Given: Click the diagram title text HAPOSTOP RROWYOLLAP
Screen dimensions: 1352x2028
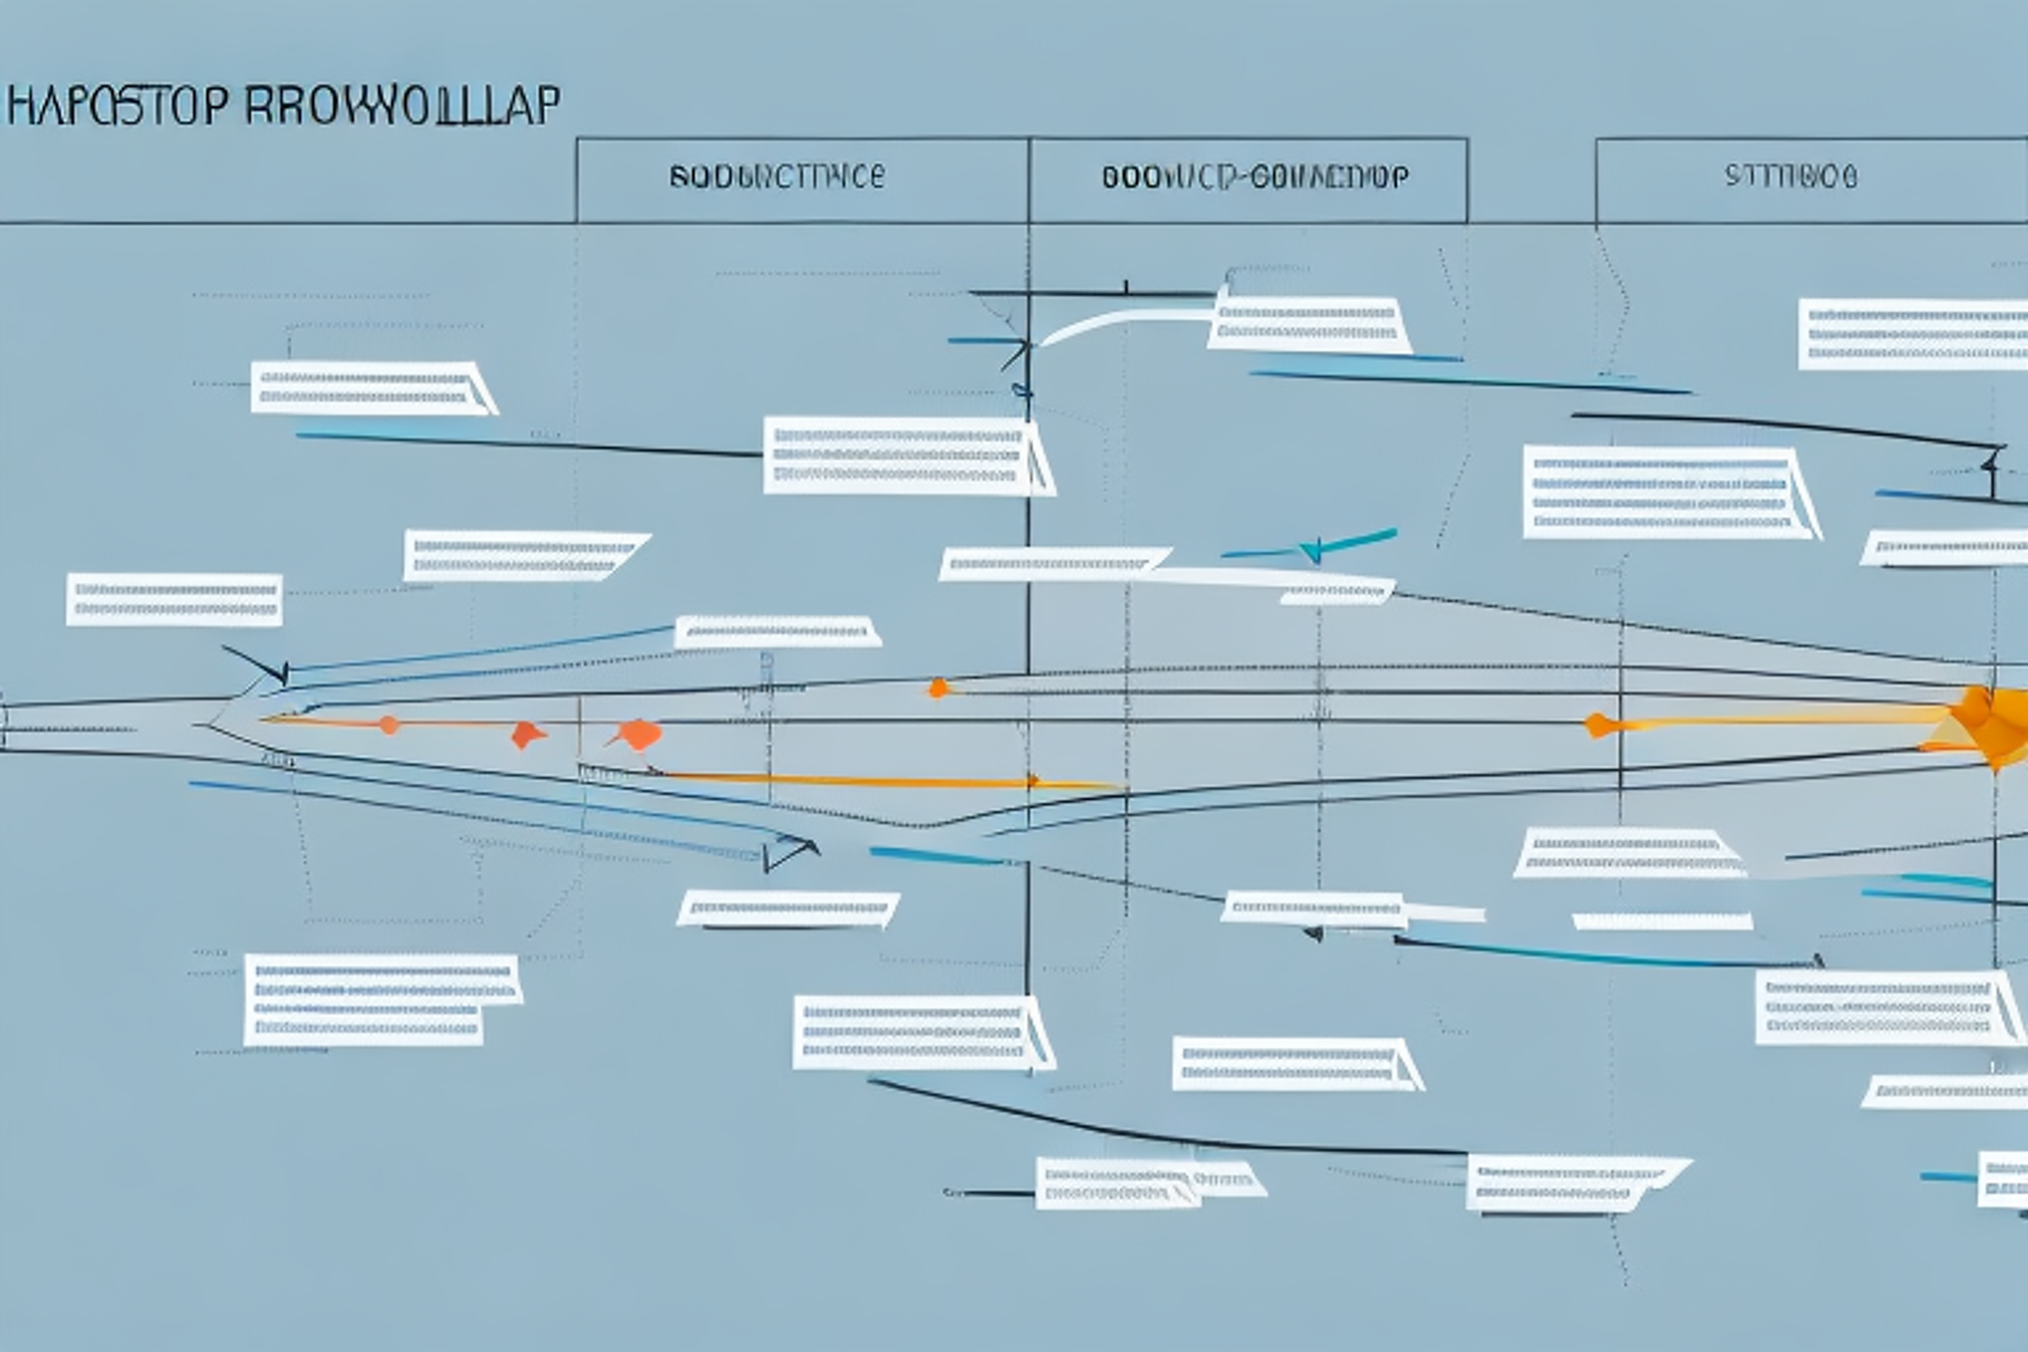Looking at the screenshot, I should pos(283,105).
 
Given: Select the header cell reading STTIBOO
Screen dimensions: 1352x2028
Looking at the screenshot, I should pos(1790,177).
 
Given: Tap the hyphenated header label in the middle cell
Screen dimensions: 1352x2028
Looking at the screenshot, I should pos(1255,177).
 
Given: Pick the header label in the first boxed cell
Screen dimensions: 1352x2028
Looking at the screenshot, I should pos(776,177).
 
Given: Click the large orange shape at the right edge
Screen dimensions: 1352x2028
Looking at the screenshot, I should pos(1992,724).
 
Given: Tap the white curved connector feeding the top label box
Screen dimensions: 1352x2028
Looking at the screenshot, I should pos(1121,323).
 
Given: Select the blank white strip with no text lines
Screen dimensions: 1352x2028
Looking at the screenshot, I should pos(1663,922).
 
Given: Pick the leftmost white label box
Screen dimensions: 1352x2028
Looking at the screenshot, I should pos(174,599).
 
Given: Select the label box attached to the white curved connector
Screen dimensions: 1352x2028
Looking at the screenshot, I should pos(1308,324).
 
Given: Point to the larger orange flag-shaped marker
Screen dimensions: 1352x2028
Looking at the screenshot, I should pos(638,735).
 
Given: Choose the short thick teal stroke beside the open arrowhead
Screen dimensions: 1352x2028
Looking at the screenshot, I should pos(935,856).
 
